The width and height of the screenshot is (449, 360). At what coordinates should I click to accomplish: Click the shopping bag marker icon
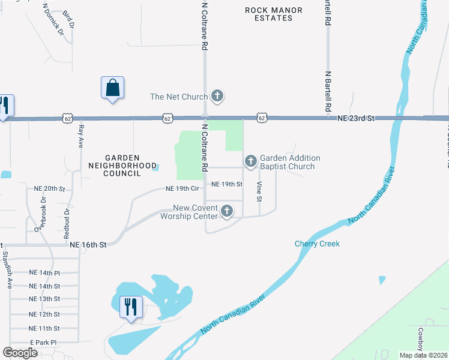[x=112, y=88]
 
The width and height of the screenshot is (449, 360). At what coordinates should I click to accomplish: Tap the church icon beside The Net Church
[x=217, y=96]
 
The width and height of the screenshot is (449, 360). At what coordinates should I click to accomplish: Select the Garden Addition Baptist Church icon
[x=250, y=161]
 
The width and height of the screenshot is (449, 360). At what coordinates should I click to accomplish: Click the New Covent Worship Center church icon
[x=227, y=211]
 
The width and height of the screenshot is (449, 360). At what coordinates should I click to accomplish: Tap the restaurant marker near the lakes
[x=130, y=307]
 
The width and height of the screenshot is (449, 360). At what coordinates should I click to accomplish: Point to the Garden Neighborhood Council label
[x=122, y=169]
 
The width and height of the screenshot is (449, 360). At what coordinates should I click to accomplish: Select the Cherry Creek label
[x=317, y=244]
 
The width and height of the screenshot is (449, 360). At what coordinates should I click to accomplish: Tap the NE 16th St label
[x=88, y=245]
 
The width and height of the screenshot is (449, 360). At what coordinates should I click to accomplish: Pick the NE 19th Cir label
[x=182, y=188]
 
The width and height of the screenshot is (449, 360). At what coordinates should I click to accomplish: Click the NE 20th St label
[x=49, y=188]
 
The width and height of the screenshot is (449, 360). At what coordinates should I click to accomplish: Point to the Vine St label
[x=259, y=191]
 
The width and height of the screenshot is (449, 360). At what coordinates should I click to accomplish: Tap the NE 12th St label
[x=44, y=314]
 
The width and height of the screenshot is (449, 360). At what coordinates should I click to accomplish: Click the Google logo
[x=20, y=353]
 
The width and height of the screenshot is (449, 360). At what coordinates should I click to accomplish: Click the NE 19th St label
[x=227, y=184]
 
